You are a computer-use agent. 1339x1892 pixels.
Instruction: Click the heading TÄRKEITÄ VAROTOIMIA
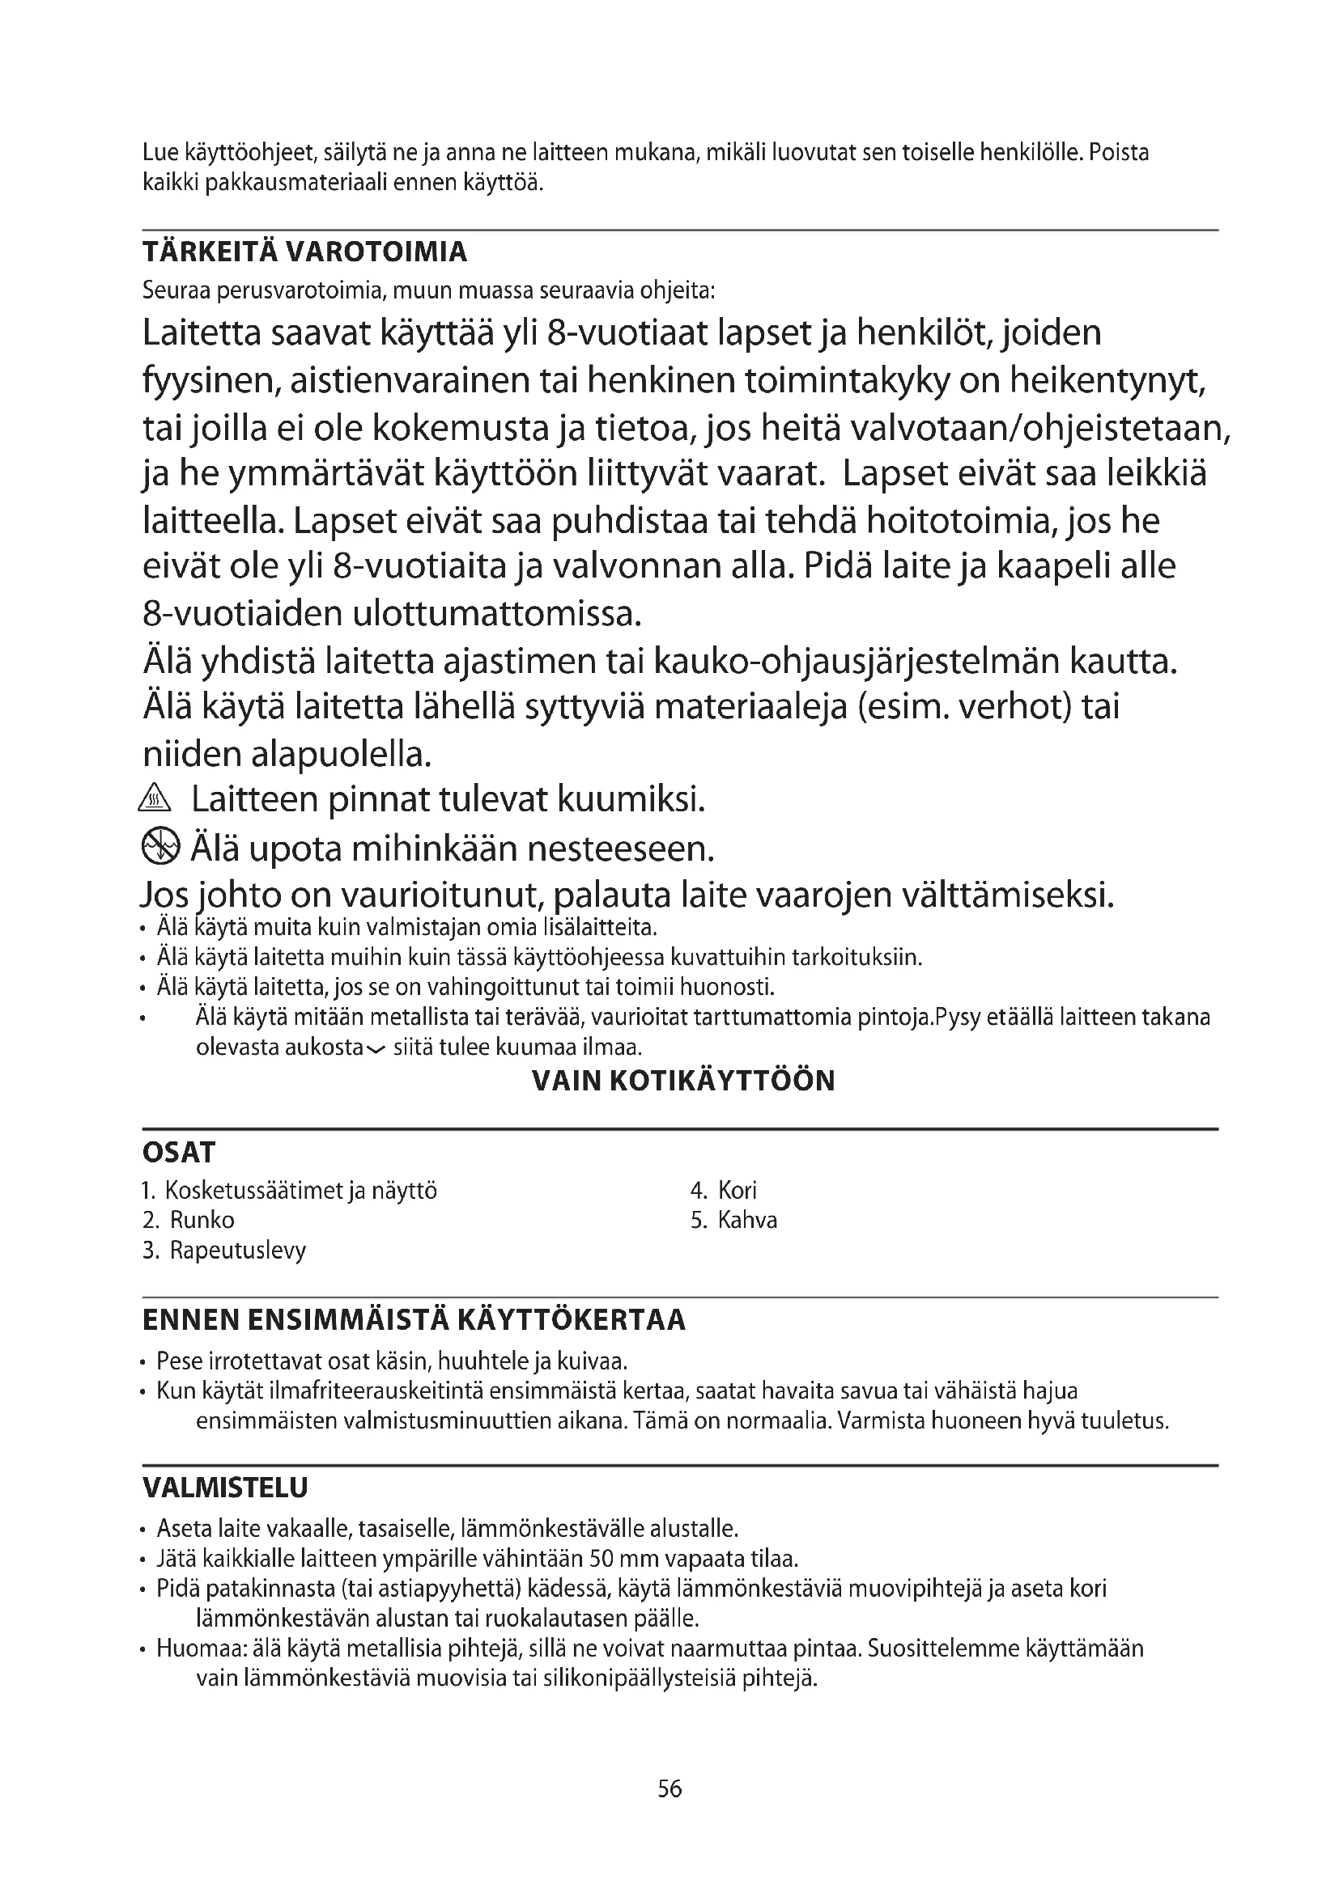click(x=304, y=252)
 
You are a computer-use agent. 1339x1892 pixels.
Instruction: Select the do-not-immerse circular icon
click(x=160, y=846)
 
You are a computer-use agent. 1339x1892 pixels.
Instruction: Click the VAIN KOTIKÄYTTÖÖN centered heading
click(x=683, y=1081)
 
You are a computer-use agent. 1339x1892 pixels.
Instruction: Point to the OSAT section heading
click(x=179, y=1152)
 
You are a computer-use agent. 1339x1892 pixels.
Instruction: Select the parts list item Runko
click(x=202, y=1220)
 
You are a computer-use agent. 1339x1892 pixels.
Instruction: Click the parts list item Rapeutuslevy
click(x=237, y=1250)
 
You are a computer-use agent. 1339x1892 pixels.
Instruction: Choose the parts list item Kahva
click(x=747, y=1220)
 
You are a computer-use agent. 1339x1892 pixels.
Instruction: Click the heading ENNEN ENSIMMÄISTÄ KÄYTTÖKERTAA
click(x=414, y=1320)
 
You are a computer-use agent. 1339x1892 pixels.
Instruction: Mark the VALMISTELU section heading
click(x=225, y=1488)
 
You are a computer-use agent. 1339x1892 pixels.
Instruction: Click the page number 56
click(x=669, y=1789)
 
